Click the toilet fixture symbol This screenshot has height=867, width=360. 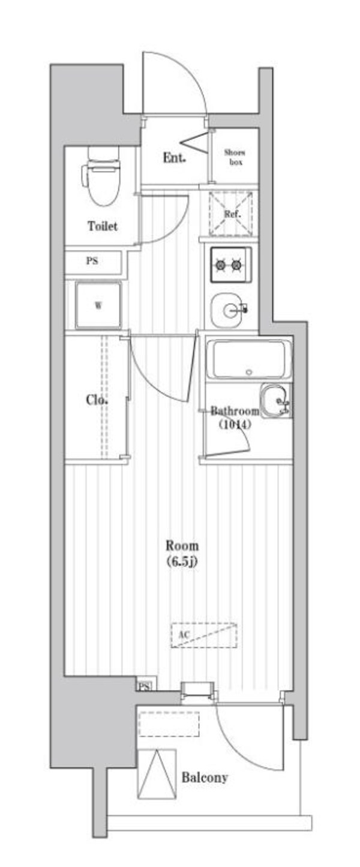(x=101, y=175)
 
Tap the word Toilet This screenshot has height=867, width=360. (x=103, y=227)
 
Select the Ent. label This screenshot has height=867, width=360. (x=174, y=158)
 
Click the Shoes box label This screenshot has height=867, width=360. (x=235, y=157)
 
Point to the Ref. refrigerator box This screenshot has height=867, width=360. (x=232, y=214)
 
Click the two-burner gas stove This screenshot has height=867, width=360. (x=230, y=264)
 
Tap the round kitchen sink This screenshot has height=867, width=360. (x=231, y=310)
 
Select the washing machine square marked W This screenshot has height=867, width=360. (x=98, y=304)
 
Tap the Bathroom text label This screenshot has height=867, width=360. (x=235, y=412)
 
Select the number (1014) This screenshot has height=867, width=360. (x=235, y=424)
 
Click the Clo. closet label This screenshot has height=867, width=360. (x=97, y=400)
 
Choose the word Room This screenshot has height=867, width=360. (x=182, y=546)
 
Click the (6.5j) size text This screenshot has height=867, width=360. (x=182, y=562)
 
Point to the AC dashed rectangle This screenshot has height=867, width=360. (x=204, y=635)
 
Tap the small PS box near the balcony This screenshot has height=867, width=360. (x=144, y=686)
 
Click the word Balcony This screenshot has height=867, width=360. (x=205, y=778)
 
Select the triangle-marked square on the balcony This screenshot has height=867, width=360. (x=156, y=773)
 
